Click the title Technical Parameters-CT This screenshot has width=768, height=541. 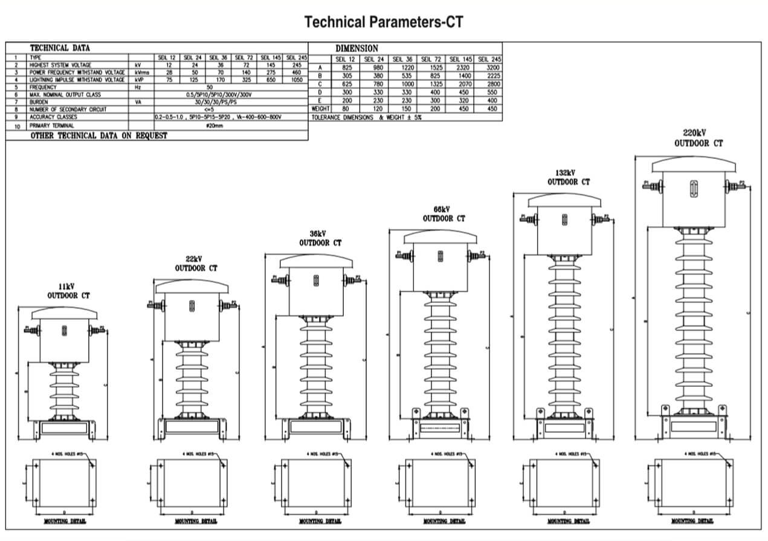384,22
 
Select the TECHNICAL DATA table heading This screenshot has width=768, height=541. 60,48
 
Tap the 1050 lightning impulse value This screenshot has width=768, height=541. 296,79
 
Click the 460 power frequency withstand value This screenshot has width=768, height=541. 296,72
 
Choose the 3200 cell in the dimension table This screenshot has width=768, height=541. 489,68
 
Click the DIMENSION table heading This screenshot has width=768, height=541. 357,48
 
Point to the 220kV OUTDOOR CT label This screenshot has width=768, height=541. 699,138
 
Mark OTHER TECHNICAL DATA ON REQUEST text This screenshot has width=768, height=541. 99,136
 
